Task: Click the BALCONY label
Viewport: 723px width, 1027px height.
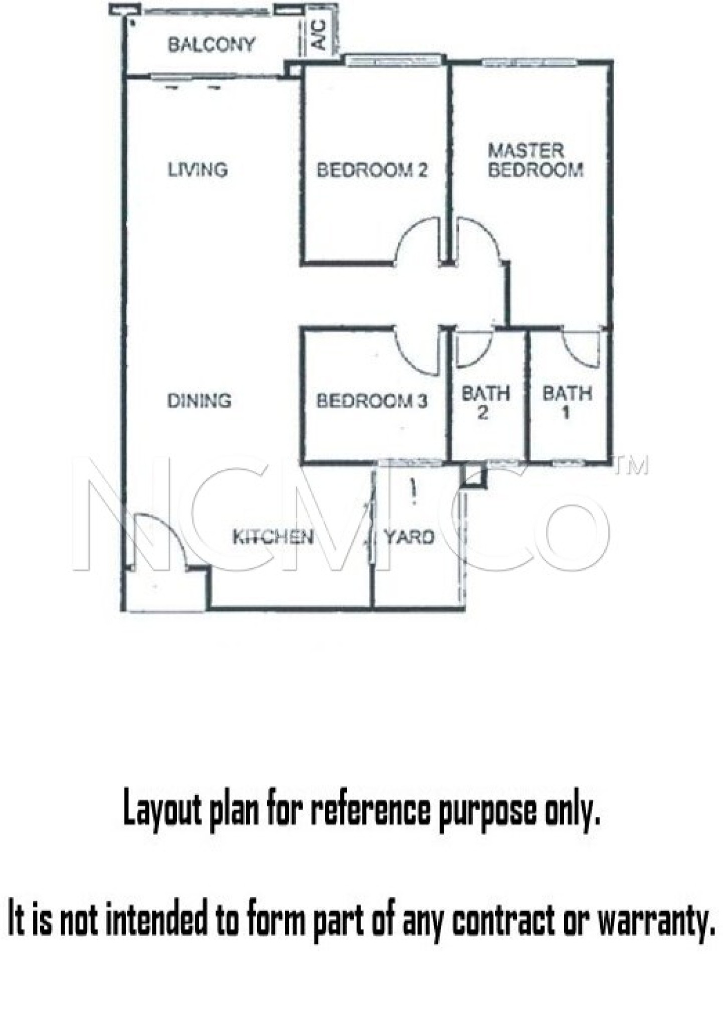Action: point(211,45)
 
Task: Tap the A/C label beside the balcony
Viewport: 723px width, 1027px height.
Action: point(319,35)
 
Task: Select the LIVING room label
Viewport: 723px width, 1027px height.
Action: point(198,169)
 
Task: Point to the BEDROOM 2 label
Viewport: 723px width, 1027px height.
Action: point(372,170)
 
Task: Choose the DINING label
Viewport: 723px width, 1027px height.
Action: point(199,401)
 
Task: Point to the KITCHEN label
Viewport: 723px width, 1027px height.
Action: point(273,537)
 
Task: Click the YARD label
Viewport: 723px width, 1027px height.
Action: point(409,537)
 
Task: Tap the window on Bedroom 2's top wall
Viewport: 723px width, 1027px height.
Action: point(394,61)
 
